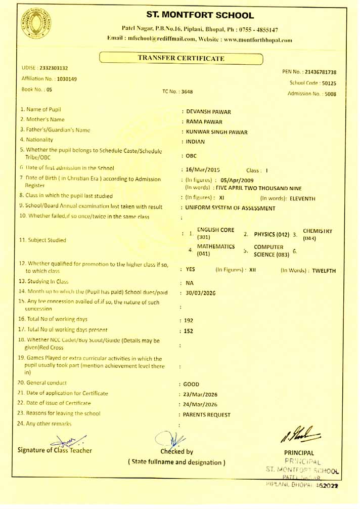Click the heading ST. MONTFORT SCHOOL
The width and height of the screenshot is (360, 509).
click(200, 16)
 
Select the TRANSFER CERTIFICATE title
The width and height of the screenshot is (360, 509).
click(181, 58)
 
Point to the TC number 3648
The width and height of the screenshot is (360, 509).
click(185, 92)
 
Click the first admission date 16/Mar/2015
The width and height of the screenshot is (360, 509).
click(203, 170)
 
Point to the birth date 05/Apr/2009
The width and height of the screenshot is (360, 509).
click(237, 180)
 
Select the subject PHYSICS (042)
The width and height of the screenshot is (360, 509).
click(271, 235)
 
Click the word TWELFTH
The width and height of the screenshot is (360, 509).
click(324, 271)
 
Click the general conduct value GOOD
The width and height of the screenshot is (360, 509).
click(191, 385)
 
